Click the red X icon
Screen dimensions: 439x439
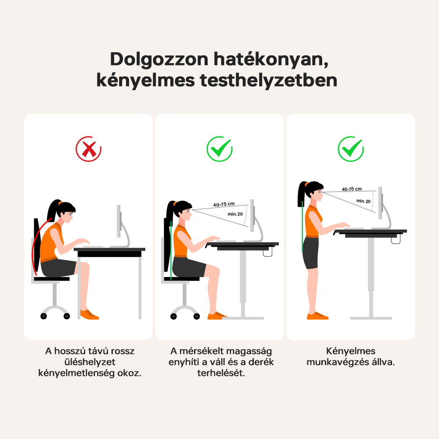[x=89, y=149]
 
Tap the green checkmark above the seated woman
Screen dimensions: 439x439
[x=219, y=149]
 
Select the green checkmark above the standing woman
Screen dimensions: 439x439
[x=351, y=149]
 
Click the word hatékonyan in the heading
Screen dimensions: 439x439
[x=271, y=59]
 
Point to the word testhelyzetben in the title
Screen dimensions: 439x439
[x=269, y=80]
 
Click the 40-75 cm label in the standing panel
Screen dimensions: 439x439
[x=352, y=189]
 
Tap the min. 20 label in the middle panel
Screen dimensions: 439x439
[x=235, y=214]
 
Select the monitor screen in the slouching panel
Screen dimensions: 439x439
[x=119, y=221]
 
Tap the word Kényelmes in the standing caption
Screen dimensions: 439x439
[x=350, y=351]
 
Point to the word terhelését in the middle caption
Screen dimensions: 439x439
[x=221, y=373]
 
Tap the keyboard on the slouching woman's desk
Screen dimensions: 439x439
[x=93, y=246]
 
